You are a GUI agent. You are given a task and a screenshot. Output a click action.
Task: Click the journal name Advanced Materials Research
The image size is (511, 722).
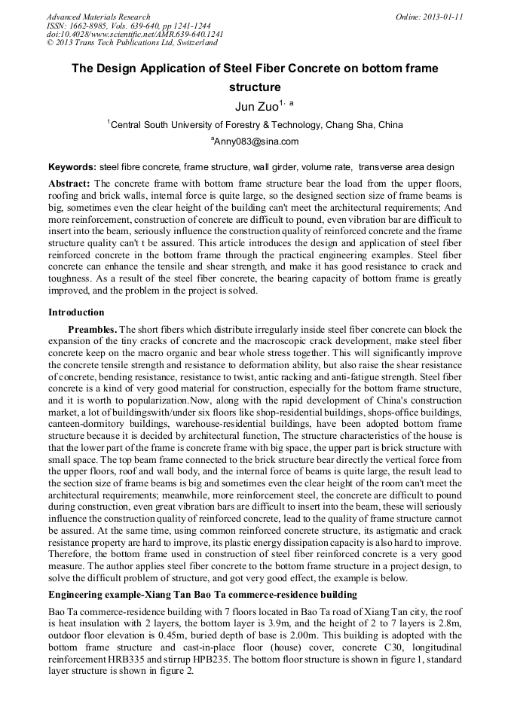click(x=98, y=17)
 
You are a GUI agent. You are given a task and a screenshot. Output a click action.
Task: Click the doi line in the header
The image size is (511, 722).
click(x=135, y=35)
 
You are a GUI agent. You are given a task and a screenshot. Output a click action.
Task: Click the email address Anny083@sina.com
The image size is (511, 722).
click(x=256, y=142)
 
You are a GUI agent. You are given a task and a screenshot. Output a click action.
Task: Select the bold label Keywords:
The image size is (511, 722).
click(x=72, y=167)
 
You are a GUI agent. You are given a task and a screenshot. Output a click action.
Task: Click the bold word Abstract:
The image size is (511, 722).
click(x=69, y=184)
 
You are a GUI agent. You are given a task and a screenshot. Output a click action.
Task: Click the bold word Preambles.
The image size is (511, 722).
click(x=92, y=330)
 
